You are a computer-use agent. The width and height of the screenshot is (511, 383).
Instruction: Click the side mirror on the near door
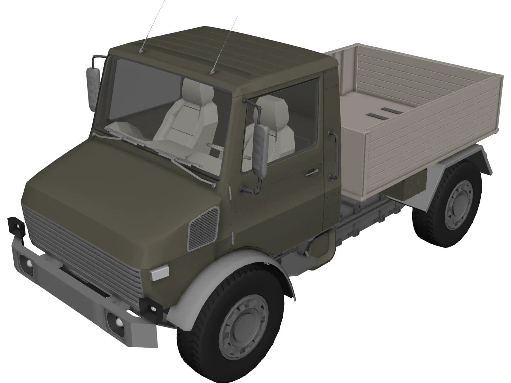click(x=261, y=151)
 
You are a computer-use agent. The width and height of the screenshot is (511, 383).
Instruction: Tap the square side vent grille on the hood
click(x=203, y=228)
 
